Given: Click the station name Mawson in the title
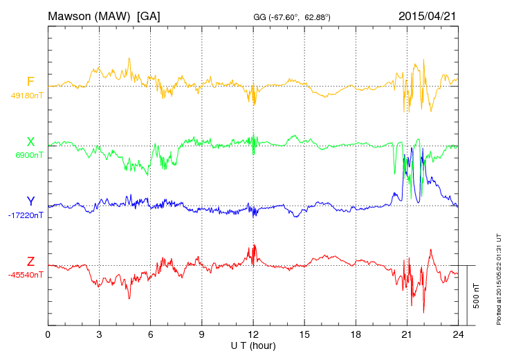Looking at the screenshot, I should (72, 15).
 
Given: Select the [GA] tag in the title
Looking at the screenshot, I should (148, 15).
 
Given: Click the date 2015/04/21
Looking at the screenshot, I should (427, 15).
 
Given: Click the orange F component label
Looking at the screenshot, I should (30, 82).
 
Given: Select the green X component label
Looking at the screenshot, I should (30, 142).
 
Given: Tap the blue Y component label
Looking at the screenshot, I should (30, 201).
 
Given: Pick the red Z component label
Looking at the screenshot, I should (30, 262).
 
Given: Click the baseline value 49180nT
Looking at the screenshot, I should (27, 96).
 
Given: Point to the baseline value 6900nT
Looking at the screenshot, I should (29, 156).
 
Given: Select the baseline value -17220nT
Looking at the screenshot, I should (26, 215).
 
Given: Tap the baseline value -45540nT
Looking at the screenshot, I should (26, 275).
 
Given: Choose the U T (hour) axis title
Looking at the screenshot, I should (253, 345).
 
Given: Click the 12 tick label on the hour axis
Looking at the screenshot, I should (253, 334).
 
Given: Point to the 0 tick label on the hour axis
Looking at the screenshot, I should (48, 334).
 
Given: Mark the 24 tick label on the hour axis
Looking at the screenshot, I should (458, 334).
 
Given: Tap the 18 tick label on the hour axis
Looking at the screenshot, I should (356, 334).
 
